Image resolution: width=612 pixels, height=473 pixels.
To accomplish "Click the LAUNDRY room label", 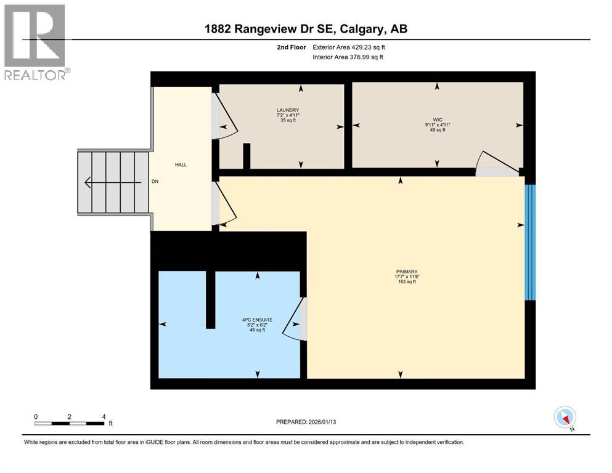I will pyautogui.click(x=288, y=110).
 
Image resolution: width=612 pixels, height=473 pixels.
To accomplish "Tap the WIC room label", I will pyautogui.click(x=437, y=120).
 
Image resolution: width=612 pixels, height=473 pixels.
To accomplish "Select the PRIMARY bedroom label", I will pyautogui.click(x=407, y=272).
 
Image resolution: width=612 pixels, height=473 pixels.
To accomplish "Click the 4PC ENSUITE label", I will pyautogui.click(x=257, y=320).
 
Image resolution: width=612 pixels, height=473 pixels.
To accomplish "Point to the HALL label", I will pyautogui.click(x=181, y=164).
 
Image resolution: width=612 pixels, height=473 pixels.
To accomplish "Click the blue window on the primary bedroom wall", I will pyautogui.click(x=529, y=242).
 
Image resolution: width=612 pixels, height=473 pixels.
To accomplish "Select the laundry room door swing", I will pyautogui.click(x=225, y=117).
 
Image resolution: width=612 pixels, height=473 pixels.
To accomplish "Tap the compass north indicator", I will pyautogui.click(x=565, y=418).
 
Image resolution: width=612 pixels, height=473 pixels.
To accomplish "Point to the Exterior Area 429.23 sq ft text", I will pyautogui.click(x=352, y=47).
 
